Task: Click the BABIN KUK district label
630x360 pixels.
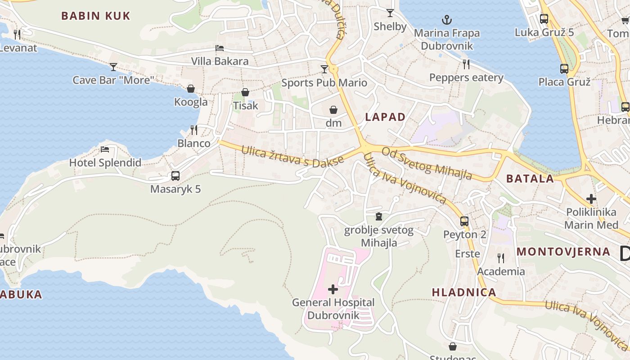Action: point(95,16)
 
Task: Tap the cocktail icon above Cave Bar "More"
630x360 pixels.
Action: point(113,67)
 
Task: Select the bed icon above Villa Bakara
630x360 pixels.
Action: point(220,48)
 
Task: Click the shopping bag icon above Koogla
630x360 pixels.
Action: point(191,89)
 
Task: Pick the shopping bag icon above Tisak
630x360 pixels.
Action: point(245,92)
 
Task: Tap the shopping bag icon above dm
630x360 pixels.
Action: point(333,110)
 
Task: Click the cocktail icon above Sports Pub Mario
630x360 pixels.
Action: point(324,69)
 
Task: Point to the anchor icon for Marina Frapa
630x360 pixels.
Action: point(447,19)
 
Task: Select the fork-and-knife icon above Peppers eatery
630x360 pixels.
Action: point(466,64)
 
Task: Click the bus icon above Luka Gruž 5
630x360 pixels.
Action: point(544,19)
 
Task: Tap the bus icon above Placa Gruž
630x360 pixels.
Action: point(564,69)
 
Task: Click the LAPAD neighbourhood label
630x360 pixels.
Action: point(385,117)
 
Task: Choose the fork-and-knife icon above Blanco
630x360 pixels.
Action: point(194,130)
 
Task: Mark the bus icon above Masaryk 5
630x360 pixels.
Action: point(175,176)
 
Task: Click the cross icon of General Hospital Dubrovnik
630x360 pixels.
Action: point(333,289)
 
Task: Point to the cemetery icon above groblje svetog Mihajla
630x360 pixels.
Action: point(378,217)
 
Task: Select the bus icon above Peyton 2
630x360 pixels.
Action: point(464,221)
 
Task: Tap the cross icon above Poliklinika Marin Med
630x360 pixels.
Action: point(591,198)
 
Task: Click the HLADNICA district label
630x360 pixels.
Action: point(464,292)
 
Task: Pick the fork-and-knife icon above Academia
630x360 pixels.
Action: point(500,258)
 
